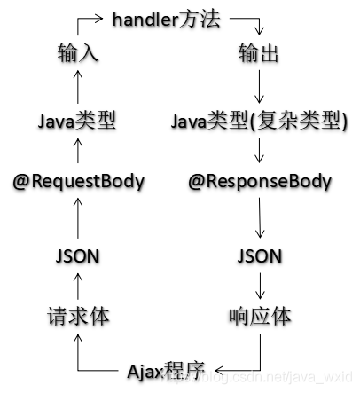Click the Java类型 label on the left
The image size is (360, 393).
point(78,120)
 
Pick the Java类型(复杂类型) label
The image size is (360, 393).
point(259,120)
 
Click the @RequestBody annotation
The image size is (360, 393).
point(78,182)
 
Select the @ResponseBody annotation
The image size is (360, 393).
point(260,182)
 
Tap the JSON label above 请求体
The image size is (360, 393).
point(77,256)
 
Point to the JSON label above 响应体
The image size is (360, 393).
point(260,256)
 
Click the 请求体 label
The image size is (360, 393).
point(78,316)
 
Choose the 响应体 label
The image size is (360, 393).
point(260,316)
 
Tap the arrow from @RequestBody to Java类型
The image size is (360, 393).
point(77,151)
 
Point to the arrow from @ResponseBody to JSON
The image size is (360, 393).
point(259,218)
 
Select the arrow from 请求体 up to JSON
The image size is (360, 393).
point(77,286)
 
